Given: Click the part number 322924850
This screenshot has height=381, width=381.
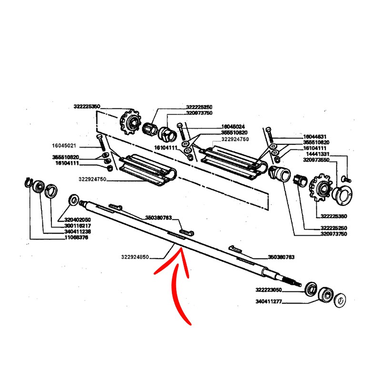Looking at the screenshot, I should pyautogui.click(x=135, y=257).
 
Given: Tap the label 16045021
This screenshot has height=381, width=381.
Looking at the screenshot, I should pyautogui.click(x=65, y=145).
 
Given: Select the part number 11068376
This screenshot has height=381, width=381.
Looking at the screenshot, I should pyautogui.click(x=76, y=237).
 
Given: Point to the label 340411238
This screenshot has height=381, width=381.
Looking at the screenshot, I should pyautogui.click(x=78, y=231).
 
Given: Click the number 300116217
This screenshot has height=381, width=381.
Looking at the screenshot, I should pyautogui.click(x=78, y=225).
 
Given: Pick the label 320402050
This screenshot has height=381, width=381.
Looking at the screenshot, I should pyautogui.click(x=78, y=220).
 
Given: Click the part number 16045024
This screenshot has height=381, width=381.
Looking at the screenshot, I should pyautogui.click(x=233, y=127).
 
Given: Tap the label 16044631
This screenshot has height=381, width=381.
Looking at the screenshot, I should pyautogui.click(x=317, y=136).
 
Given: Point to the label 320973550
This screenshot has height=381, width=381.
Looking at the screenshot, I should pyautogui.click(x=317, y=160).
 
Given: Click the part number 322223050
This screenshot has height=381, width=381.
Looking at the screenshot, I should pyautogui.click(x=269, y=289).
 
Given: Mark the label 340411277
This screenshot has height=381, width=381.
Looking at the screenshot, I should pyautogui.click(x=269, y=301).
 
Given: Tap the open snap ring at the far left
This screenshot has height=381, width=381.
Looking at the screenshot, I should pyautogui.click(x=28, y=182).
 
